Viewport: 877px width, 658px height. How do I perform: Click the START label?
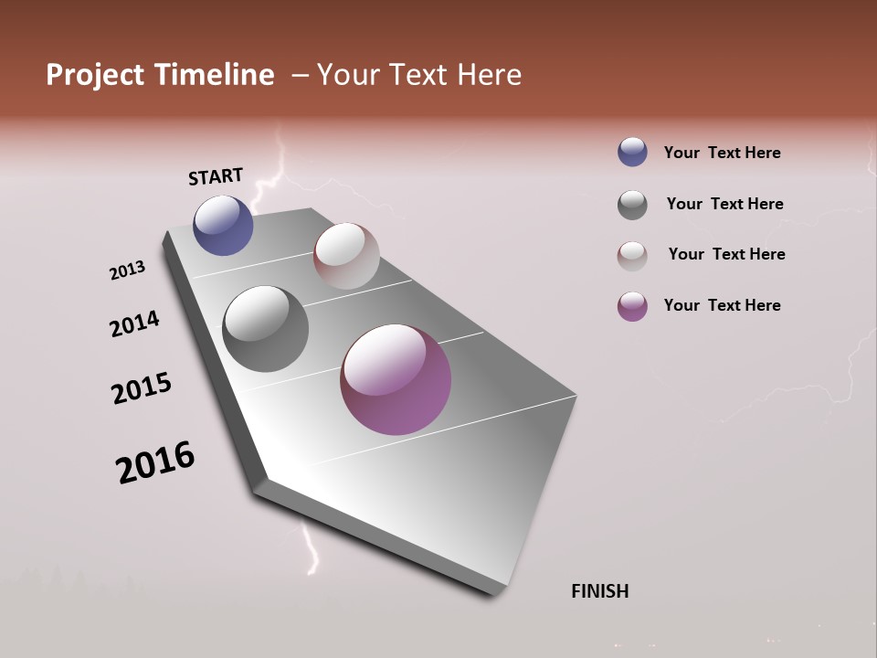point(216,176)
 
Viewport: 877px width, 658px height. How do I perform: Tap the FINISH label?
point(599,591)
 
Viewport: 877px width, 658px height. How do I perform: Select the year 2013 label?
point(127,271)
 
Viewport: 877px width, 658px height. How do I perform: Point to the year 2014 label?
point(134,324)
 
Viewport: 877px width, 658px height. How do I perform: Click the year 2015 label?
point(142,388)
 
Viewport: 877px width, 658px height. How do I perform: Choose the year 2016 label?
point(155,462)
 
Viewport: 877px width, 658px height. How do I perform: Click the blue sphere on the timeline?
point(223,226)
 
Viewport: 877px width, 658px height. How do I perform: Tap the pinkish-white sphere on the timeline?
point(346,256)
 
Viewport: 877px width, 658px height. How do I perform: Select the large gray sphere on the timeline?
point(265,329)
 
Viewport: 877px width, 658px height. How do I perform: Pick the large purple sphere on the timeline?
point(396,379)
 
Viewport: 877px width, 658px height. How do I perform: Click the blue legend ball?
point(632,153)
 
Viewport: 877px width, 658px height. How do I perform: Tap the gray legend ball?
point(632,204)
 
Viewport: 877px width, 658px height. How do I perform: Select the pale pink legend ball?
point(632,255)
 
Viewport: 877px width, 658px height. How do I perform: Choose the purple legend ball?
point(632,306)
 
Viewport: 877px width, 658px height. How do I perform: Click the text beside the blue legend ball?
point(722,153)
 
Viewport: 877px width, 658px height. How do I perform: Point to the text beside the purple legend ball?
point(722,305)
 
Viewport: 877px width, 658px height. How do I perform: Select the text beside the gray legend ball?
point(724,204)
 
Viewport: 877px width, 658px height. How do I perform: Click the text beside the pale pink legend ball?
point(726,254)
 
